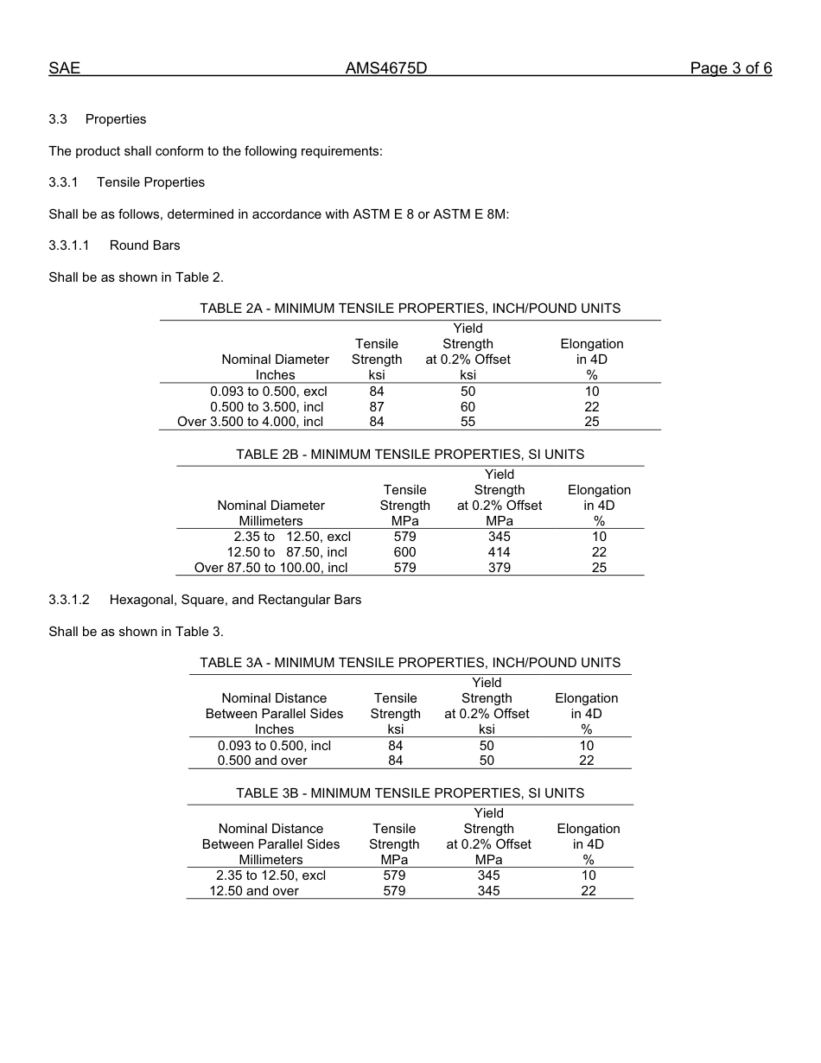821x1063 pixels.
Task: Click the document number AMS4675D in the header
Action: (386, 68)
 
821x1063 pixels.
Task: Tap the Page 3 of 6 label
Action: (730, 68)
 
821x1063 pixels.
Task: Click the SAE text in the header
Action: (64, 68)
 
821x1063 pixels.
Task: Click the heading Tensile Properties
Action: (150, 182)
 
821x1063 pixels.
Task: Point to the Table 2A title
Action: (410, 309)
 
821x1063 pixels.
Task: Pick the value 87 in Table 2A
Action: (377, 407)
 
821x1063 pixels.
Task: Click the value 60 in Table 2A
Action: (468, 407)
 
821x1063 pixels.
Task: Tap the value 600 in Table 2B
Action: (404, 552)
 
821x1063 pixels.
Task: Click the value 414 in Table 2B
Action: (499, 552)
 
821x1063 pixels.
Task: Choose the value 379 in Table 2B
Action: (499, 568)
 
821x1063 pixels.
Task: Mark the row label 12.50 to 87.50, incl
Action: (287, 552)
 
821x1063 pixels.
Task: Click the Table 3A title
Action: (410, 663)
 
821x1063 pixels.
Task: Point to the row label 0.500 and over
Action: (263, 761)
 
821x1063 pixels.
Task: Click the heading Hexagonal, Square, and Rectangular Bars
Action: (235, 600)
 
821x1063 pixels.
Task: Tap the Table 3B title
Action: (410, 793)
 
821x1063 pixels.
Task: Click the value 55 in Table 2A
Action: (468, 423)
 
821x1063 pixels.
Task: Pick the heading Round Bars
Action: (144, 245)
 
